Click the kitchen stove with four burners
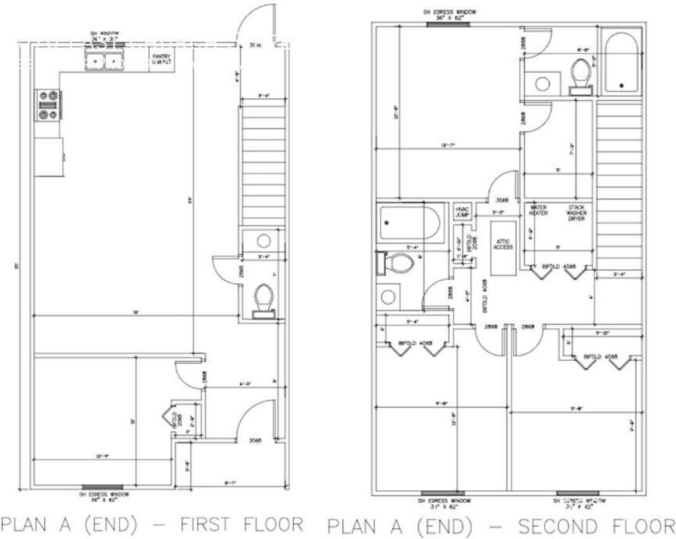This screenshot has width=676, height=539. pos(48,104)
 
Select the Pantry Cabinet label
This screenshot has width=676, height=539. pos(162,60)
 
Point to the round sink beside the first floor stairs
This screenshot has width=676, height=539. pos(264,241)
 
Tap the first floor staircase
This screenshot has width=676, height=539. pos(259,165)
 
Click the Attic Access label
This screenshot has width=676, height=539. pos(502,244)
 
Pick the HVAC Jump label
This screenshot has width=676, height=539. pos(462,211)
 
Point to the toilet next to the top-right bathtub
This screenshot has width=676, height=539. pos(580,76)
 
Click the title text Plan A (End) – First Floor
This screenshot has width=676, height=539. pos(151,523)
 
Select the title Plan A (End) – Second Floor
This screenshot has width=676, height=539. pos(499,525)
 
